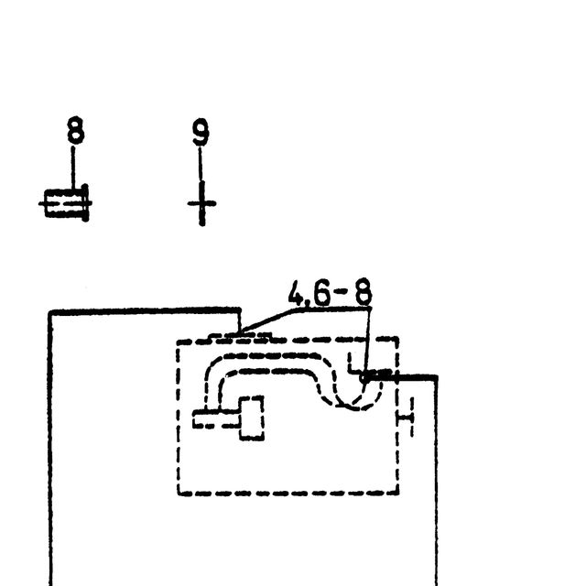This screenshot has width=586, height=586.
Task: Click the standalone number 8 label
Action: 76,130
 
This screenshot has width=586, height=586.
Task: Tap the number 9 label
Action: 201,132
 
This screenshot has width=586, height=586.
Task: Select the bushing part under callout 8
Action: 65,203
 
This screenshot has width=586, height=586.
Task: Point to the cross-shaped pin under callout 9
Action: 201,203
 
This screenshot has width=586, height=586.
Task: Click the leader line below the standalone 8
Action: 73,168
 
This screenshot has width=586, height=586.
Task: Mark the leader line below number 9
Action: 201,164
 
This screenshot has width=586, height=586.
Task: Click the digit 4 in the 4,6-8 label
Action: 296,293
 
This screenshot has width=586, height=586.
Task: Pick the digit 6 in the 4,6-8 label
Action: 322,292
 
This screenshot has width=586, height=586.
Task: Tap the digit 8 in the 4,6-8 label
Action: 364,291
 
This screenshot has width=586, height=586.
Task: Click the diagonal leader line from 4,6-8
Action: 268,320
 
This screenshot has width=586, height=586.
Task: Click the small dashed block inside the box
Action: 251,418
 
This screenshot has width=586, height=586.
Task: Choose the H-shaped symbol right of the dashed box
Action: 407,417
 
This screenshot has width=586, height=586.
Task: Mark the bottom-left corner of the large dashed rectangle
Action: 179,494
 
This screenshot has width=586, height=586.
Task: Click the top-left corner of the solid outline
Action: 49,311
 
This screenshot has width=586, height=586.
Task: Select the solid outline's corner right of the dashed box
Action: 436,377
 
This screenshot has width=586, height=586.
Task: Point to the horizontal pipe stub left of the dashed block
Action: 216,418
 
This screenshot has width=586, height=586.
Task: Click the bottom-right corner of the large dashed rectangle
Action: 397,493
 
